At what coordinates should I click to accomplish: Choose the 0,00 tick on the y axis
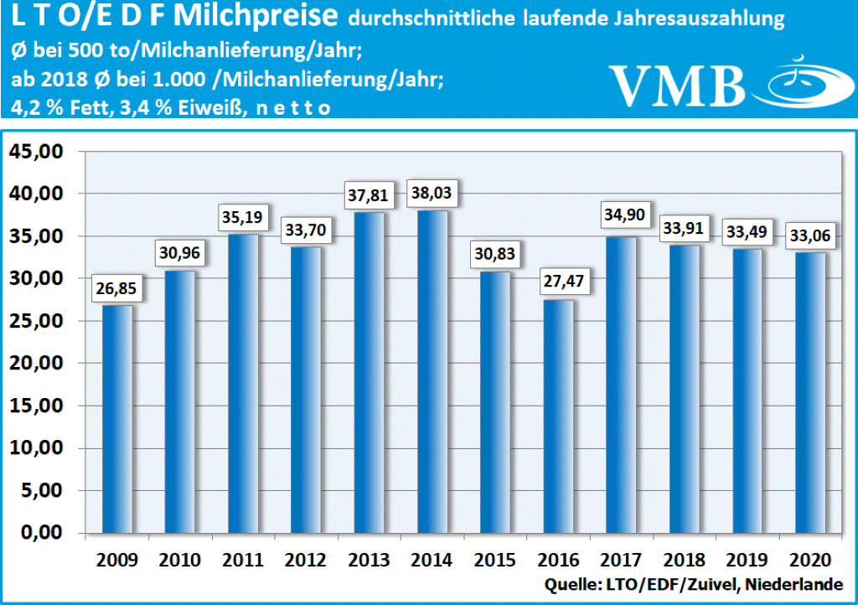(40, 533)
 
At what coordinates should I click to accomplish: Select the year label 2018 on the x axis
(682, 560)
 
